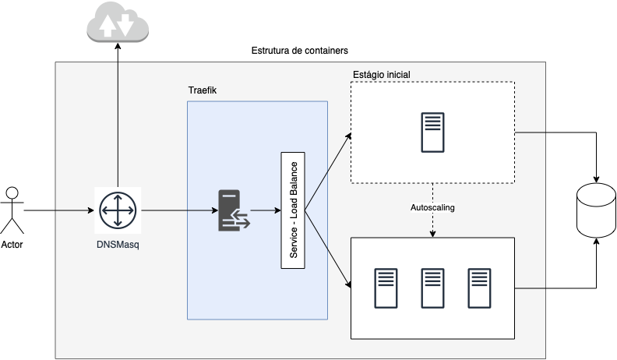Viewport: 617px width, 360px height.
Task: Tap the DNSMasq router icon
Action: (x=118, y=210)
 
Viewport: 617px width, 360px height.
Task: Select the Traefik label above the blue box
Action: (x=203, y=91)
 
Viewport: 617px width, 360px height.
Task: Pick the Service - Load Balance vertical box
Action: (x=293, y=210)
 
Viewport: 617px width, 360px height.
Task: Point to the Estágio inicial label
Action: (x=381, y=75)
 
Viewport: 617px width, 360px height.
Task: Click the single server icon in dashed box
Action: (x=433, y=132)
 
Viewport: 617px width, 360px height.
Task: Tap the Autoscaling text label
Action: (x=432, y=208)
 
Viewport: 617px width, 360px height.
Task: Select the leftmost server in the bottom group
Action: (x=386, y=288)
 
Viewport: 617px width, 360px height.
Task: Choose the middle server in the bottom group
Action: (x=432, y=288)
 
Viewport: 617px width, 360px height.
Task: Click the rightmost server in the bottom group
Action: (x=479, y=288)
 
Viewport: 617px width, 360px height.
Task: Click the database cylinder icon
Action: (x=596, y=210)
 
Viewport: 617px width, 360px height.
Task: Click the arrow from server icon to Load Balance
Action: (x=265, y=210)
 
